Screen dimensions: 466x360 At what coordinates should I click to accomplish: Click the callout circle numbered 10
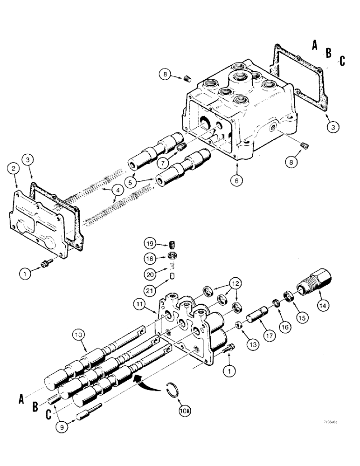(x=78, y=335)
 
